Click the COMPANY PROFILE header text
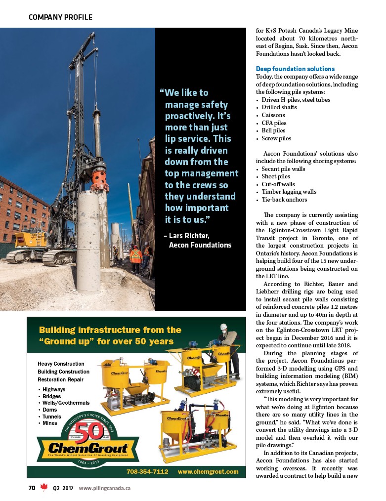coord(60,17)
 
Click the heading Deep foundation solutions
coord(295,69)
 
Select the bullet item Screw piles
coord(276,138)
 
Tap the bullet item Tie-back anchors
coord(284,200)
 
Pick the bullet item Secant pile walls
coord(283,169)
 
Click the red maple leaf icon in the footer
coord(43,488)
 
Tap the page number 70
coord(32,488)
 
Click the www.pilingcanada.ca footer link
coord(105,488)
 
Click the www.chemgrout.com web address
coord(208,471)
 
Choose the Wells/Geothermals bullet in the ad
coord(66,403)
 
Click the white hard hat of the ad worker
coord(224,327)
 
